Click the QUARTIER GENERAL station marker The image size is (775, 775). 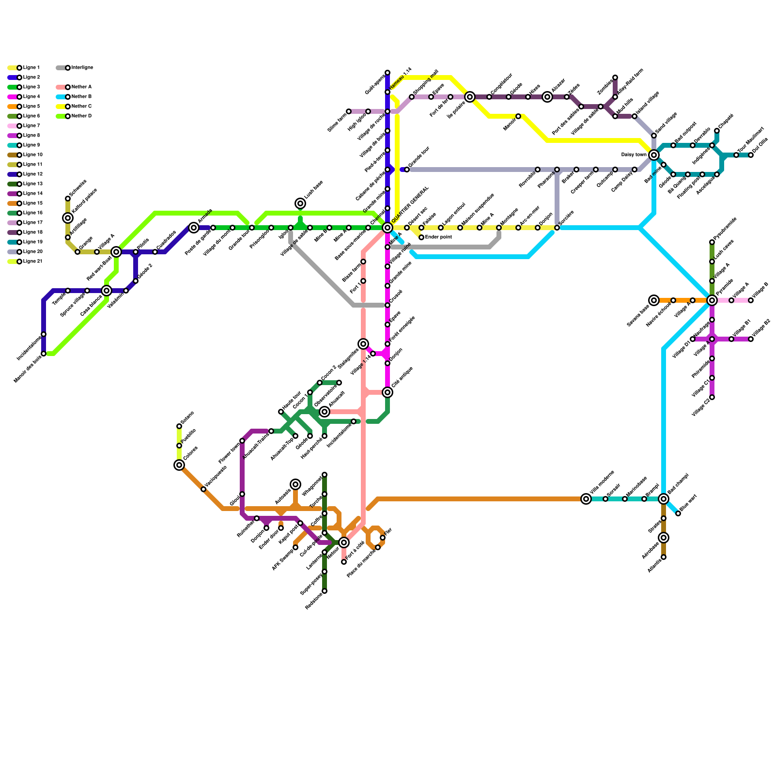tap(387, 228)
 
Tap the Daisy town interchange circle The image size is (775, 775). tap(654, 155)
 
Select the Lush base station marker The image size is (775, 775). tap(300, 203)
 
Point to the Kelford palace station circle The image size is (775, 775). tap(68, 218)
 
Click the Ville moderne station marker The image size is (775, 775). tap(586, 499)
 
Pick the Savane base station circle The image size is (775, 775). tap(654, 300)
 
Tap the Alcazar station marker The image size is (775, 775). tap(547, 97)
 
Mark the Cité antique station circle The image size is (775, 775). tap(387, 392)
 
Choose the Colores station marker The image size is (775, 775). tap(179, 465)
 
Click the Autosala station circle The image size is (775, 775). tap(295, 484)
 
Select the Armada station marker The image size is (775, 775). tap(194, 228)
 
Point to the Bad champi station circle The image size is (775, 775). tap(664, 499)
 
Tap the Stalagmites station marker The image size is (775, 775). tap(363, 344)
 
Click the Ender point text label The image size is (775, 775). tap(438, 237)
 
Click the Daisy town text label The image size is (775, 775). tap(634, 155)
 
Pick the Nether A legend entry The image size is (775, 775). tap(81, 87)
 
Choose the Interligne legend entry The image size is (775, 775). tap(82, 68)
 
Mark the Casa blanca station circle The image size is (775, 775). tap(107, 291)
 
